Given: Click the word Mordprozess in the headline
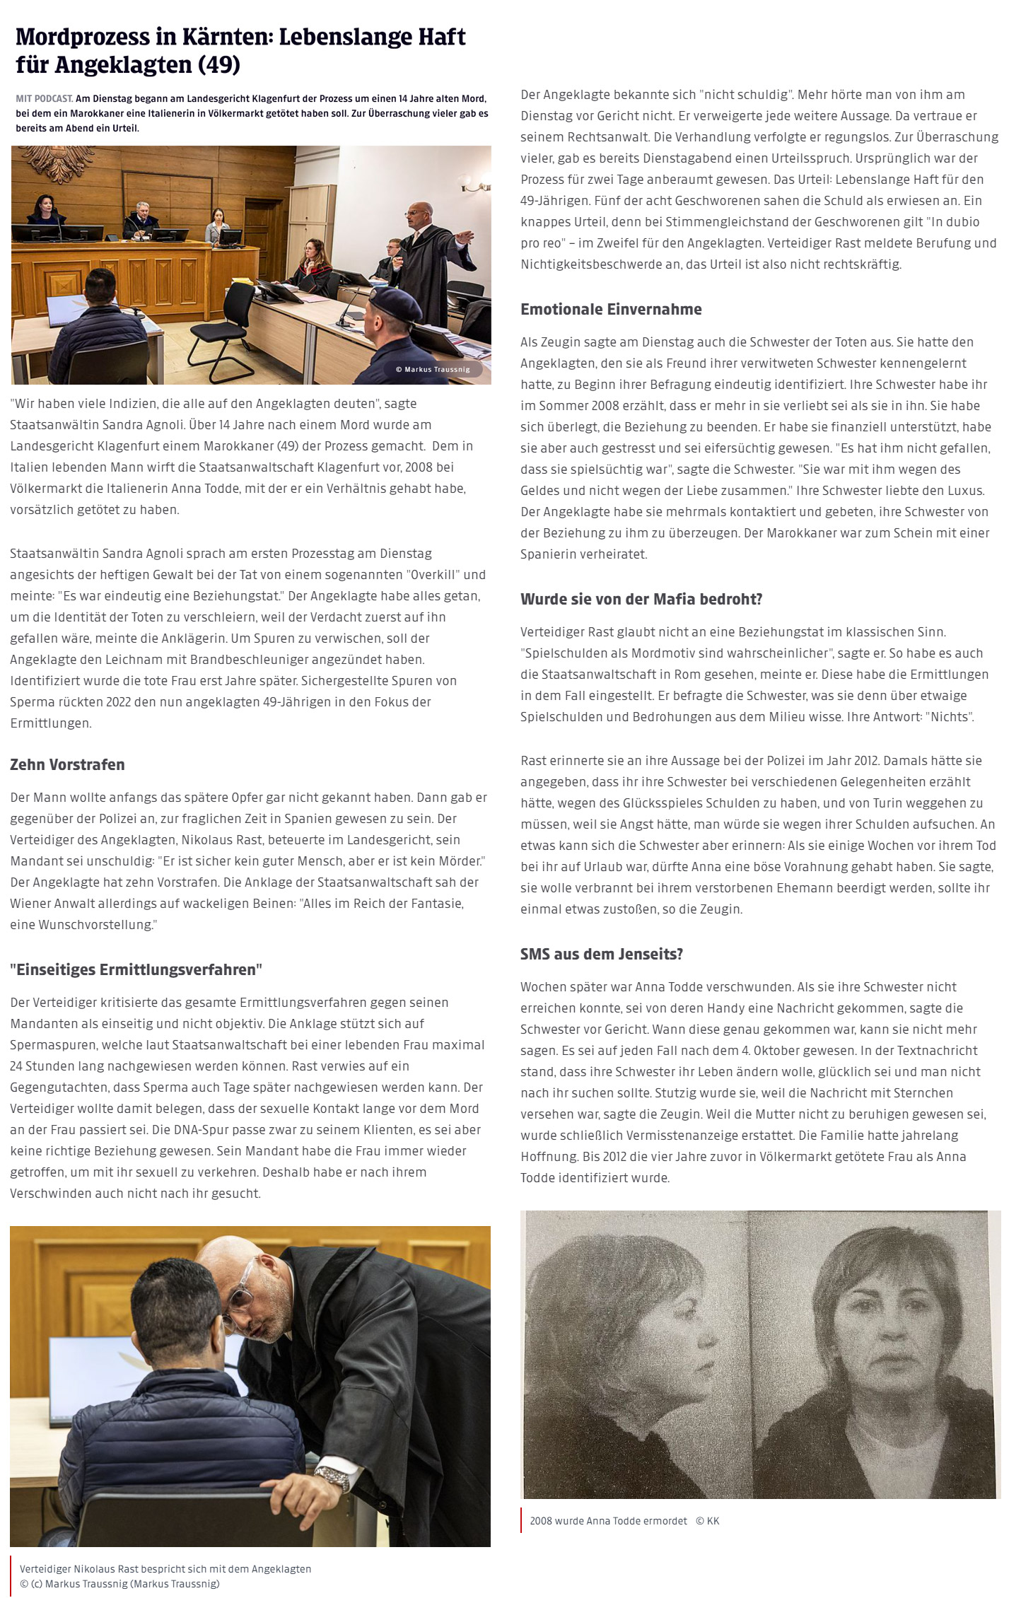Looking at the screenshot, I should pyautogui.click(x=83, y=37).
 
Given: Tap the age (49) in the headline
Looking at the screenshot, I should pyautogui.click(x=218, y=65).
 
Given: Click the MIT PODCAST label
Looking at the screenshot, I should pyautogui.click(x=44, y=99).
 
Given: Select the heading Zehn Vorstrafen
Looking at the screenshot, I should pyautogui.click(x=67, y=764).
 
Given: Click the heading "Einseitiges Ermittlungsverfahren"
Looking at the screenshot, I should pyautogui.click(x=136, y=969).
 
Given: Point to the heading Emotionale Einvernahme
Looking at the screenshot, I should pyautogui.click(x=611, y=309).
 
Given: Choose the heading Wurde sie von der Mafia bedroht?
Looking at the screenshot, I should pyautogui.click(x=641, y=599).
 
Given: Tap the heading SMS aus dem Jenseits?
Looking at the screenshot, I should pyautogui.click(x=601, y=954).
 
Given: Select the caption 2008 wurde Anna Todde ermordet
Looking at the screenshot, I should pyautogui.click(x=608, y=1521).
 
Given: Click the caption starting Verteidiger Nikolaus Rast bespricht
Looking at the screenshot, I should pyautogui.click(x=165, y=1569).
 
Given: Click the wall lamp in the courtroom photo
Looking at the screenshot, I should pyautogui.click(x=475, y=185).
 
